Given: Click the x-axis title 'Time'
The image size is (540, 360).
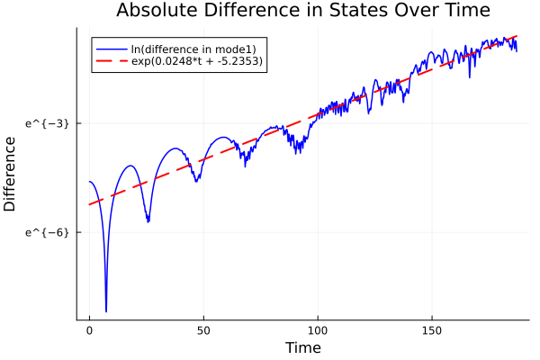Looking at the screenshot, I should pos(302,347).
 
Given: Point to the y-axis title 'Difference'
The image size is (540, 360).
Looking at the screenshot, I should pos(11,174).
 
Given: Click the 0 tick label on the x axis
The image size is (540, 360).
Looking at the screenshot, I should pos(89,330).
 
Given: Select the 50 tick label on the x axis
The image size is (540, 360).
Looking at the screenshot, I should pos(203,330).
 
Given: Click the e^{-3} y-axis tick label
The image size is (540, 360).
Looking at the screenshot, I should pos(47,122).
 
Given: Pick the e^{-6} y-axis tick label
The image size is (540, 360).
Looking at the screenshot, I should pos(47,232).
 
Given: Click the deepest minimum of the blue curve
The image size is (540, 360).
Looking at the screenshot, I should pos(106,311).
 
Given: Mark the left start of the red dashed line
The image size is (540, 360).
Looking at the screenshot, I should pos(90,204).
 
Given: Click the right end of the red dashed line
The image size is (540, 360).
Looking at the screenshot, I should pos(517,36).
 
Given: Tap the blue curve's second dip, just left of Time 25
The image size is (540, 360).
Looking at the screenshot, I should pos(148,221).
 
